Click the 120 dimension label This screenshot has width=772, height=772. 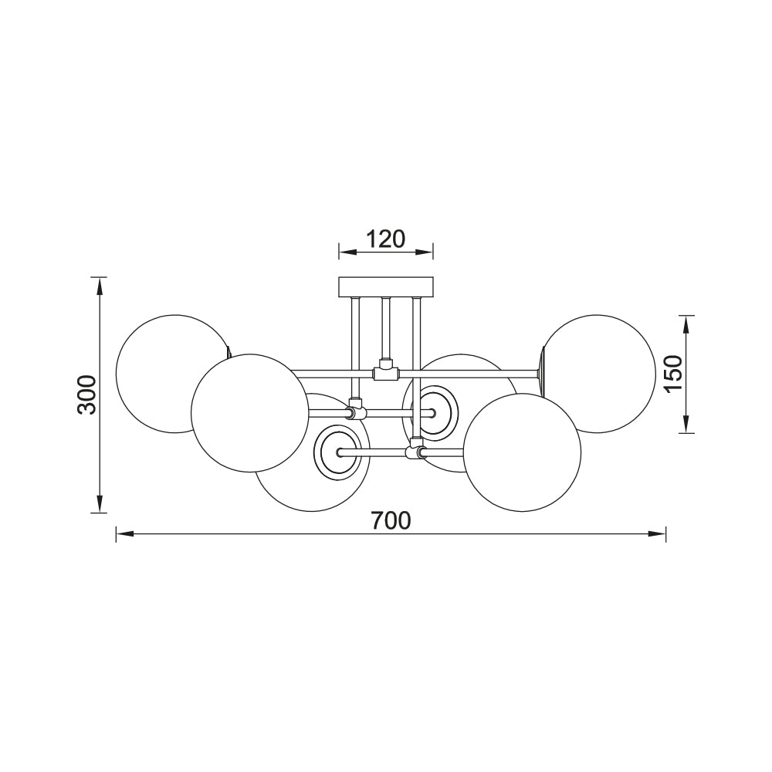385,239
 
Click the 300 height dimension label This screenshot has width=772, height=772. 87,394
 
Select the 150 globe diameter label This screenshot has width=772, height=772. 673,374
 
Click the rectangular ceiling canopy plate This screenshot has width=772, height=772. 387,286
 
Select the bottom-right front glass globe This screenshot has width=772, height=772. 522,452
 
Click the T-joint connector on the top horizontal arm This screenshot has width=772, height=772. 384,373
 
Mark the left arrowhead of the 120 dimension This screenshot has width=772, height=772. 345,252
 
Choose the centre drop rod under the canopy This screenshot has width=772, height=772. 385,328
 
